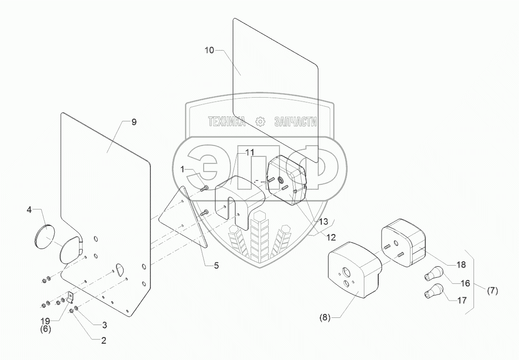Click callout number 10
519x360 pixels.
(x=210, y=50)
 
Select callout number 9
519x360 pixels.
(x=134, y=122)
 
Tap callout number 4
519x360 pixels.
(x=29, y=210)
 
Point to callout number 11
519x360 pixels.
(x=249, y=152)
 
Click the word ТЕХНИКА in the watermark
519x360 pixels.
(x=226, y=122)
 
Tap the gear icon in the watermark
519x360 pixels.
(x=260, y=122)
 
